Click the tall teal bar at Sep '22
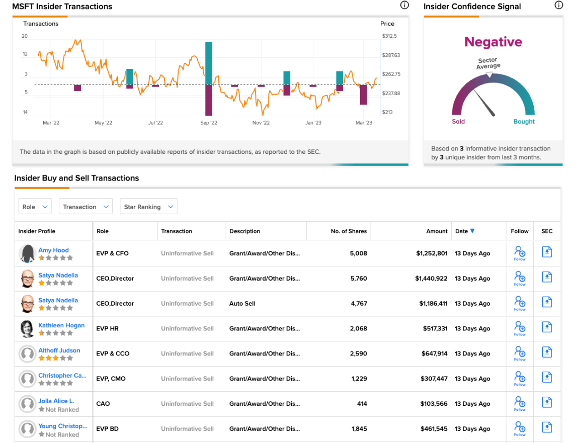coord(209,63)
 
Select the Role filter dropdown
coord(35,206)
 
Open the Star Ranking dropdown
coord(148,206)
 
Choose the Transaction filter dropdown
coord(86,206)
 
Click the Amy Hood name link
coord(53,250)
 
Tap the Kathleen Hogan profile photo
coord(27,329)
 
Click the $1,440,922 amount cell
coord(431,278)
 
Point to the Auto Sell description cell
coord(242,303)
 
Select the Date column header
coord(464,231)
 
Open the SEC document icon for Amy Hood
coord(547,252)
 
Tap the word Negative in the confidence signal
coord(493,42)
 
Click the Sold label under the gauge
coord(458,121)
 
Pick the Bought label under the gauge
coord(524,121)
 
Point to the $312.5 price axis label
coord(389,36)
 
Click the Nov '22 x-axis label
coord(261,123)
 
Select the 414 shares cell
coord(362,404)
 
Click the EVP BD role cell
coord(107,428)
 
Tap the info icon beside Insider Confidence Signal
coord(559,5)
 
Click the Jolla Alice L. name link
coord(56,401)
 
